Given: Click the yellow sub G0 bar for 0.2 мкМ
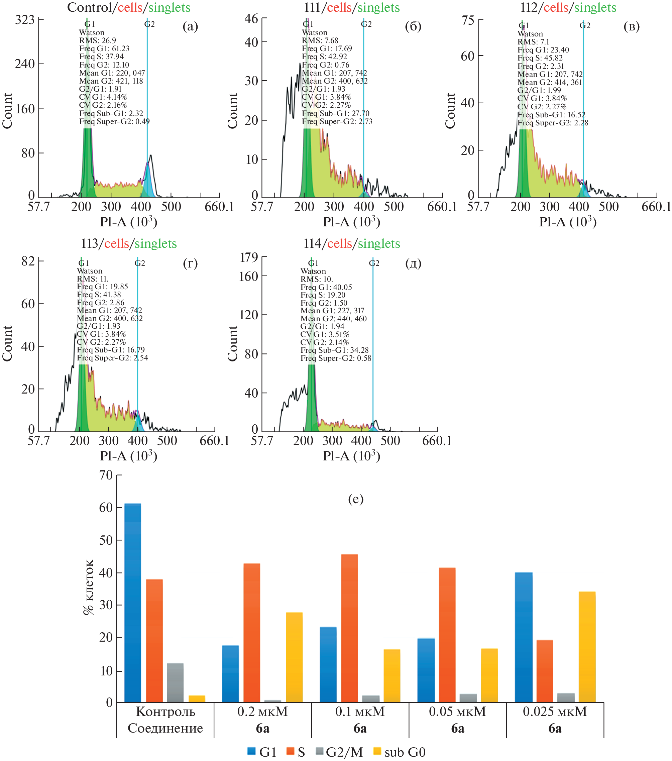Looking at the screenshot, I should pos(294,657).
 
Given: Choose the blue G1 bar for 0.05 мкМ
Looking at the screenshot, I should pos(426,670).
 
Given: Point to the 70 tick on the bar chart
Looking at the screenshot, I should pos(106,475).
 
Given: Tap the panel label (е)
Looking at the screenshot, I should pos(355,499).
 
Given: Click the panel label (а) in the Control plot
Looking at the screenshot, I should pos(190,26).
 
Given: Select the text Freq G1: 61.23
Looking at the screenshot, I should pos(104,48).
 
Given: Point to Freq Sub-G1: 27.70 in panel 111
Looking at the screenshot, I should pos(335,113).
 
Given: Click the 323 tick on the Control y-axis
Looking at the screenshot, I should pos(25,19).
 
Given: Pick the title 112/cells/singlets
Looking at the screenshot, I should pos(568,7).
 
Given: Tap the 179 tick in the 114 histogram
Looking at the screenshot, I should pos(249,257).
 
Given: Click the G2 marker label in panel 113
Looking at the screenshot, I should pos(140,263).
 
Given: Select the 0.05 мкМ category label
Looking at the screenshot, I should pos(457,712).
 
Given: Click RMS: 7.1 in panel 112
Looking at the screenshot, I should pos(533,42).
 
